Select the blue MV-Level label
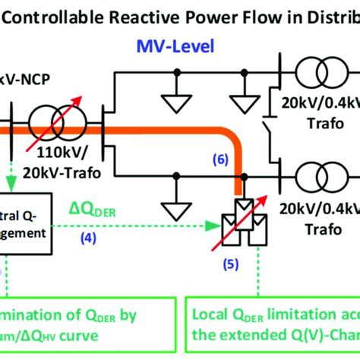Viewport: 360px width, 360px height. click(x=175, y=47)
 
